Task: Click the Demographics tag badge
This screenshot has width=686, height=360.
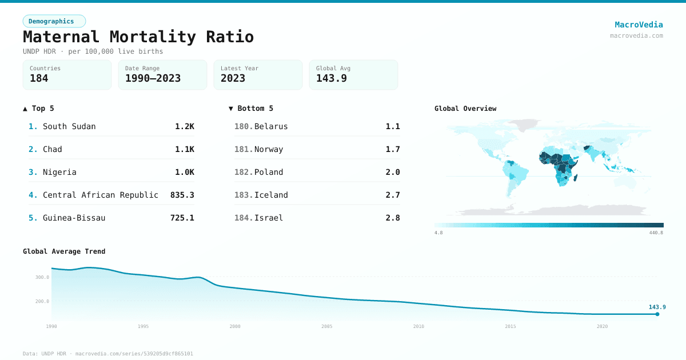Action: pyautogui.click(x=54, y=21)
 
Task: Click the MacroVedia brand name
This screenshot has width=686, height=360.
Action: pyautogui.click(x=639, y=25)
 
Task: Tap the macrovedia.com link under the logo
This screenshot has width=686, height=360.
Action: pyautogui.click(x=636, y=35)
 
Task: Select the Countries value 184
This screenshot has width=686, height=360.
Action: pyautogui.click(x=39, y=79)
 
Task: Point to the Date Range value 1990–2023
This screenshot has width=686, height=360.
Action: pyautogui.click(x=153, y=79)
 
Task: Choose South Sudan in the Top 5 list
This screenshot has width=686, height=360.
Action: pyautogui.click(x=69, y=126)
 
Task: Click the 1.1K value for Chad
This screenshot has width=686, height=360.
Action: pyautogui.click(x=184, y=149)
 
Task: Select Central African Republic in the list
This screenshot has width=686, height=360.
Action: pyautogui.click(x=100, y=195)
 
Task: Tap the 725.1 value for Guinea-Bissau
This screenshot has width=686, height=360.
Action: pyautogui.click(x=182, y=218)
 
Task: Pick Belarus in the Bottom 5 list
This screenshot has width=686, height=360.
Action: pyautogui.click(x=271, y=126)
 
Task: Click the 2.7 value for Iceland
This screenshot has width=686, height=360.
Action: pyautogui.click(x=392, y=195)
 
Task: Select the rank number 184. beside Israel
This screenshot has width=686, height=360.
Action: pyautogui.click(x=244, y=218)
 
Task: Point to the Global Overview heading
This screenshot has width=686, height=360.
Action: pyautogui.click(x=465, y=109)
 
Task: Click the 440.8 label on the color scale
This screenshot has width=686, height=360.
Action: pyautogui.click(x=656, y=233)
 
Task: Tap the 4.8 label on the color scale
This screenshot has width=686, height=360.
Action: pyautogui.click(x=438, y=233)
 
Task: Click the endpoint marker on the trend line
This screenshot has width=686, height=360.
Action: pyautogui.click(x=657, y=314)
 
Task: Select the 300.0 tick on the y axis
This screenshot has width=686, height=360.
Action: pyautogui.click(x=42, y=277)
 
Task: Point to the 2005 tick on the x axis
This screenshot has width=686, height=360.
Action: pyautogui.click(x=326, y=326)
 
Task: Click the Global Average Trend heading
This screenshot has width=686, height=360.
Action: pyautogui.click(x=64, y=251)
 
